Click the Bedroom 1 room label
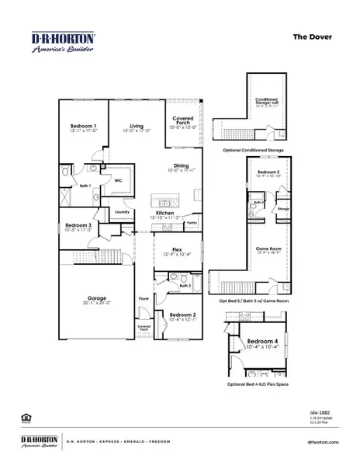pos(83,126)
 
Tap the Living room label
pos(137,126)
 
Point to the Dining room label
pos(181,166)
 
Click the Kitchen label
pos(164,213)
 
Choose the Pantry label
pos(191,222)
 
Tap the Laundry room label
pos(121,211)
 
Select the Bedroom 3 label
pos(78,226)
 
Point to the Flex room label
pos(177,250)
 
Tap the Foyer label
pos(144,297)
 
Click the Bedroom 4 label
pos(258,341)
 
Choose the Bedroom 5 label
pos(268,172)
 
